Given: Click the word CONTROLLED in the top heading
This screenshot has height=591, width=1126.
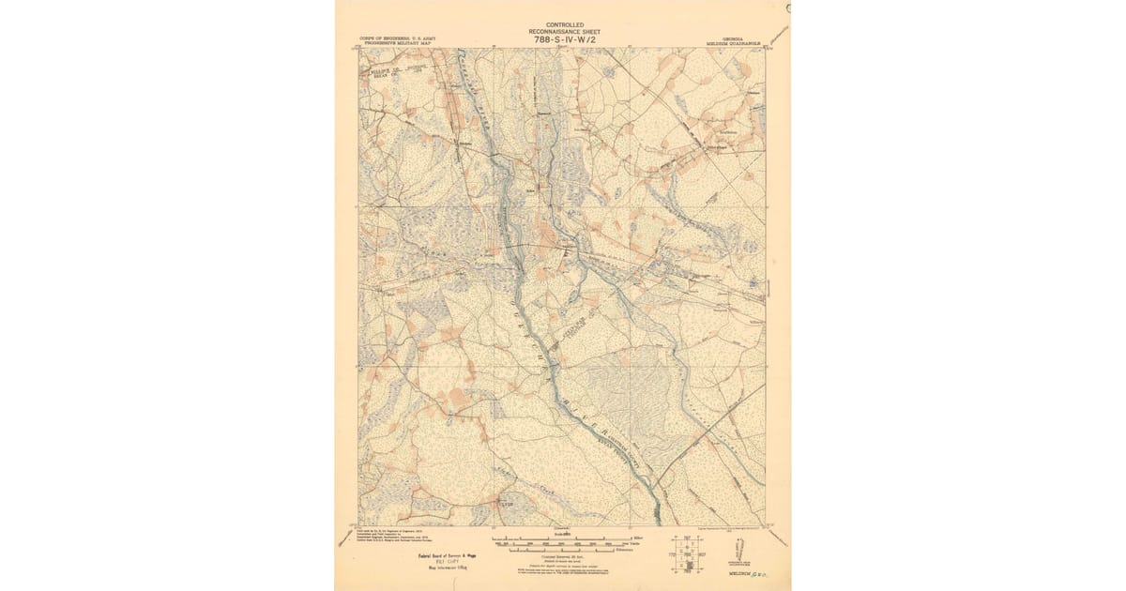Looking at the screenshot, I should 565,23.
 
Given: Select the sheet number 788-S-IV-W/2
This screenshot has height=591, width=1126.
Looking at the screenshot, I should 565,39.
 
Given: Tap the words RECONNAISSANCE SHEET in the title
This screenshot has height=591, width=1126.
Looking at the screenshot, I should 565,31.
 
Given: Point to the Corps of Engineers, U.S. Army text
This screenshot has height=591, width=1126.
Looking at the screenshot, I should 397,38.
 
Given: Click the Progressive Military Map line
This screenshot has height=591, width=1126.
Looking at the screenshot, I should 397,43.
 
